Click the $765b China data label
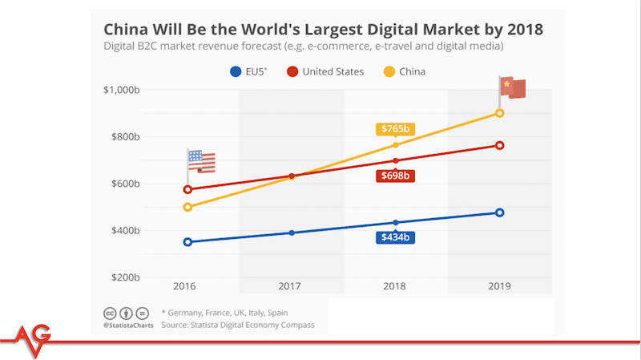395,129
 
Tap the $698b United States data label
395,176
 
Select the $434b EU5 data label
395,237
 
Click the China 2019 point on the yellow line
499,113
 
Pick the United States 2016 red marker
187,189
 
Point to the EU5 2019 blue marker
499,212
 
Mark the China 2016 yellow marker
187,207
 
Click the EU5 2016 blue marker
187,242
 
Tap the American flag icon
201,162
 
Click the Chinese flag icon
512,87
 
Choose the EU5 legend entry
248,71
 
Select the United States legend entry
325,71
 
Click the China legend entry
405,71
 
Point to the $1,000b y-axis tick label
122,90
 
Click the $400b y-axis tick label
126,231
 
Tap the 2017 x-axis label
289,286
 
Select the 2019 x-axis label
499,286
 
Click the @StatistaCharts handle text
128,326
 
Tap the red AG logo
33,339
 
